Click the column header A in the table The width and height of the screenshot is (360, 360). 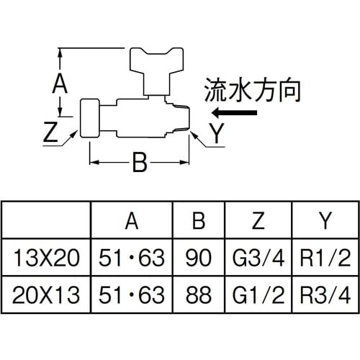click(x=132, y=221)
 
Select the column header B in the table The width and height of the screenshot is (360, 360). click(x=199, y=221)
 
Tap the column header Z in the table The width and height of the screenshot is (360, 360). click(x=258, y=221)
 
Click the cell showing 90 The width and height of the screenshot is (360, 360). click(x=199, y=256)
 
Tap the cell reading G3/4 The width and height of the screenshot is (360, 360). click(x=258, y=256)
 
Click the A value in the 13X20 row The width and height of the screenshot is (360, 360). click(x=132, y=256)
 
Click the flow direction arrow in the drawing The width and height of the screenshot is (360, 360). click(x=236, y=112)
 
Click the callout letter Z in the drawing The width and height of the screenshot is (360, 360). click(x=51, y=131)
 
